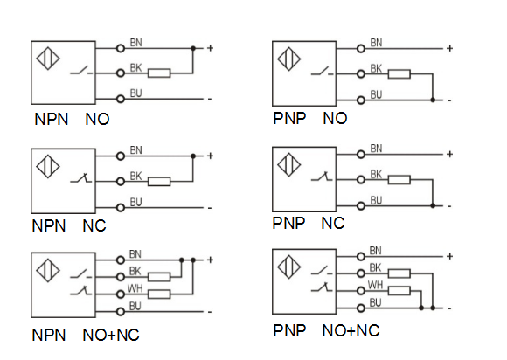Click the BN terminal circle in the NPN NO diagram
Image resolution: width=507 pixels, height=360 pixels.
[121, 49]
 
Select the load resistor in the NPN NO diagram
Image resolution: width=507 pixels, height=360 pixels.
[159, 73]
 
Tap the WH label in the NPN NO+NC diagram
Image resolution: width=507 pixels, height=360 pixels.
[135, 288]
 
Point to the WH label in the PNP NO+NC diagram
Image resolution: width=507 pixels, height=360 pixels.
[375, 285]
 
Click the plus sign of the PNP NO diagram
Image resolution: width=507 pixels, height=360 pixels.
[449, 48]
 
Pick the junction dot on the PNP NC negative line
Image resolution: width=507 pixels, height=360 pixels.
[433, 205]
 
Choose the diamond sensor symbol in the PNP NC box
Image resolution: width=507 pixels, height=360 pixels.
[289, 165]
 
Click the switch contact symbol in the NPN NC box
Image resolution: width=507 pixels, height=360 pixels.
[80, 178]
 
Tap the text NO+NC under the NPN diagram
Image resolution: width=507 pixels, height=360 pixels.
[111, 335]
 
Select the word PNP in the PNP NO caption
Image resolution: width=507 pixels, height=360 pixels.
[289, 118]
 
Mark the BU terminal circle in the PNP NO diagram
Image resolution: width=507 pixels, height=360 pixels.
[361, 100]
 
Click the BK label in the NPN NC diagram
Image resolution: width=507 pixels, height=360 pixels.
[135, 177]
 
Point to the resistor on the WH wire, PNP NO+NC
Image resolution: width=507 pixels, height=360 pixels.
[399, 290]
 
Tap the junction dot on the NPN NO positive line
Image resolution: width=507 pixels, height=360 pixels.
[193, 48]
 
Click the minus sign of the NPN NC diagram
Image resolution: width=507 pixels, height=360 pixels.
[210, 208]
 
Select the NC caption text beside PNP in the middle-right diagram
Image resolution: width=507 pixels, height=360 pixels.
[333, 224]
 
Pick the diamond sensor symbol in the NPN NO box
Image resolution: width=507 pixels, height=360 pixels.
[48, 59]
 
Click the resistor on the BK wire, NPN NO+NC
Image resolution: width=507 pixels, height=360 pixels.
[159, 277]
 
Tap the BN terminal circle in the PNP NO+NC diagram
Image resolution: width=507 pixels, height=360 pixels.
[361, 257]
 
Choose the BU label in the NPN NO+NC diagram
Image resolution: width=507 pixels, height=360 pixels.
[135, 306]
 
